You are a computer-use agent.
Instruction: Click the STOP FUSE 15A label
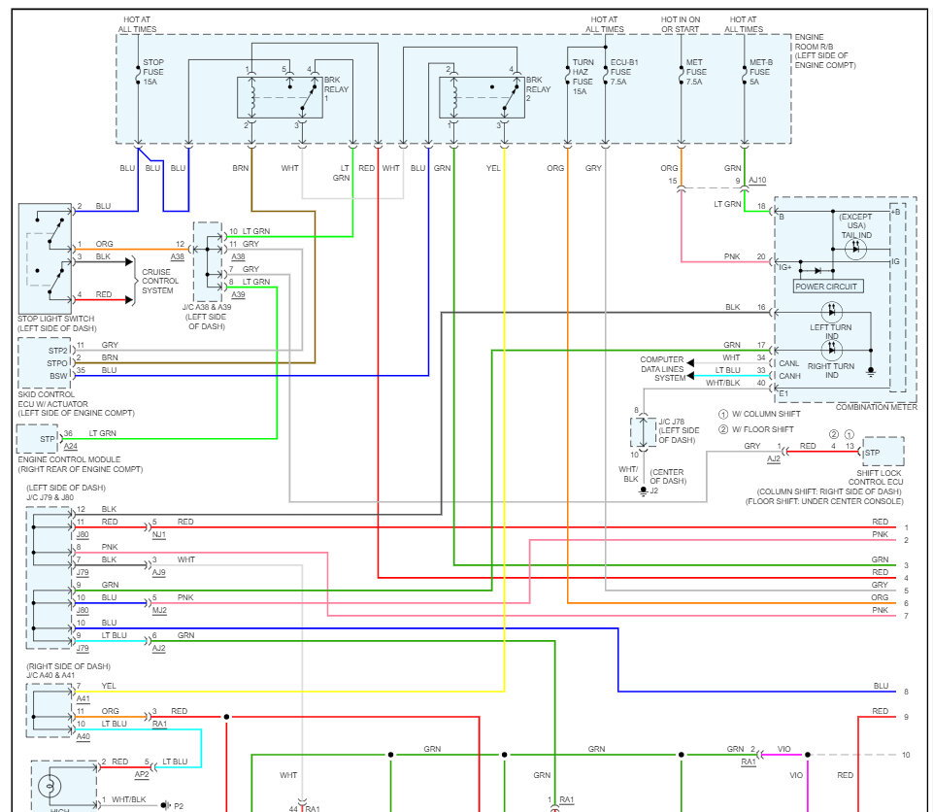[153, 72]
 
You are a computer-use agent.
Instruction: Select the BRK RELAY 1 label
[336, 88]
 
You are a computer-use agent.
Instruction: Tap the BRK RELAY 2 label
[538, 88]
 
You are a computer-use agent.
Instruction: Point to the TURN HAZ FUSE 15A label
[583, 77]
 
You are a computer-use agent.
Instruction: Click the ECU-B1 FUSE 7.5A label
[624, 72]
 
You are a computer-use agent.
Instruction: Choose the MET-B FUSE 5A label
[760, 72]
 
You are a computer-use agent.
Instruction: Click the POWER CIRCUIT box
[828, 287]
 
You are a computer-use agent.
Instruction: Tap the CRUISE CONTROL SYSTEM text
[159, 281]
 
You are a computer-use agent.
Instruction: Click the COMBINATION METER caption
[877, 407]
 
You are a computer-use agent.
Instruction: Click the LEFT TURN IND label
[831, 331]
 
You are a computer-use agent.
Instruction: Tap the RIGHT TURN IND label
[831, 371]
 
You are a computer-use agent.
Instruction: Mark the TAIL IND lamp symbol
[855, 249]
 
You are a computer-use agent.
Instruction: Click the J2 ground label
[654, 491]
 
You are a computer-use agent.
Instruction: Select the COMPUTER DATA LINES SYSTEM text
[662, 369]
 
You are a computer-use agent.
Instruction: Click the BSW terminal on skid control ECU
[58, 376]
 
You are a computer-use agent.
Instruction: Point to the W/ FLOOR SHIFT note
[756, 429]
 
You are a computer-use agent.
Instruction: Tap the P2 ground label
[179, 806]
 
